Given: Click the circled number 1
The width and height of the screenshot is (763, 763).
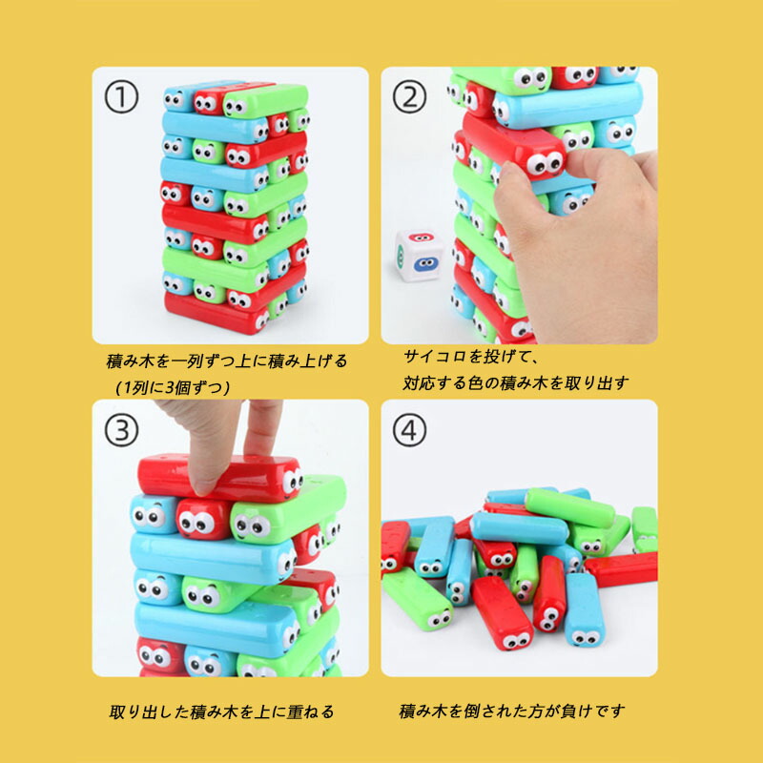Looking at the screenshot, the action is (x=121, y=97).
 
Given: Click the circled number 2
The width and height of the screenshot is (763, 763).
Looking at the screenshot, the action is (x=409, y=97).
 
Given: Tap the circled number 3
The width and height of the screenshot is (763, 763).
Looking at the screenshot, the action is (x=121, y=431).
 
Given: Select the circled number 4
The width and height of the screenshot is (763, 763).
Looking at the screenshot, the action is (x=409, y=431).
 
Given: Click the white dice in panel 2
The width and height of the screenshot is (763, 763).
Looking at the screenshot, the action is (x=420, y=255).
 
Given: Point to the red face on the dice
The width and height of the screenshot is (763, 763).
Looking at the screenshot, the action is (x=421, y=237).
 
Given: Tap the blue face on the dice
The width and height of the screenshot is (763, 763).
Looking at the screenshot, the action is (x=425, y=264).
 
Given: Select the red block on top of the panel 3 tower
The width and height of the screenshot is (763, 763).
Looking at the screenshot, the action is (x=220, y=478).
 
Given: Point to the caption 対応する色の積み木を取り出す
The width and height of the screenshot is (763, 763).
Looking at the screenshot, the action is (x=516, y=383).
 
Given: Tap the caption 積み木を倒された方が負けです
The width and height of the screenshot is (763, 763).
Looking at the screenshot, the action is (x=512, y=711).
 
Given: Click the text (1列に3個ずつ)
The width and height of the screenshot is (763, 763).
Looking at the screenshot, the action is (x=173, y=388).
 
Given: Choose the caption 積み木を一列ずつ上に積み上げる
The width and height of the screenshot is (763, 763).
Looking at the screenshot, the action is (x=227, y=361).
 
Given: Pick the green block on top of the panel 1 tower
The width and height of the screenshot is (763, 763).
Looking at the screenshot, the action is (x=265, y=100).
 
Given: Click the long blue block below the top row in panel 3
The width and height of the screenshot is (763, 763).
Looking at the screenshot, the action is (x=213, y=559).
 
